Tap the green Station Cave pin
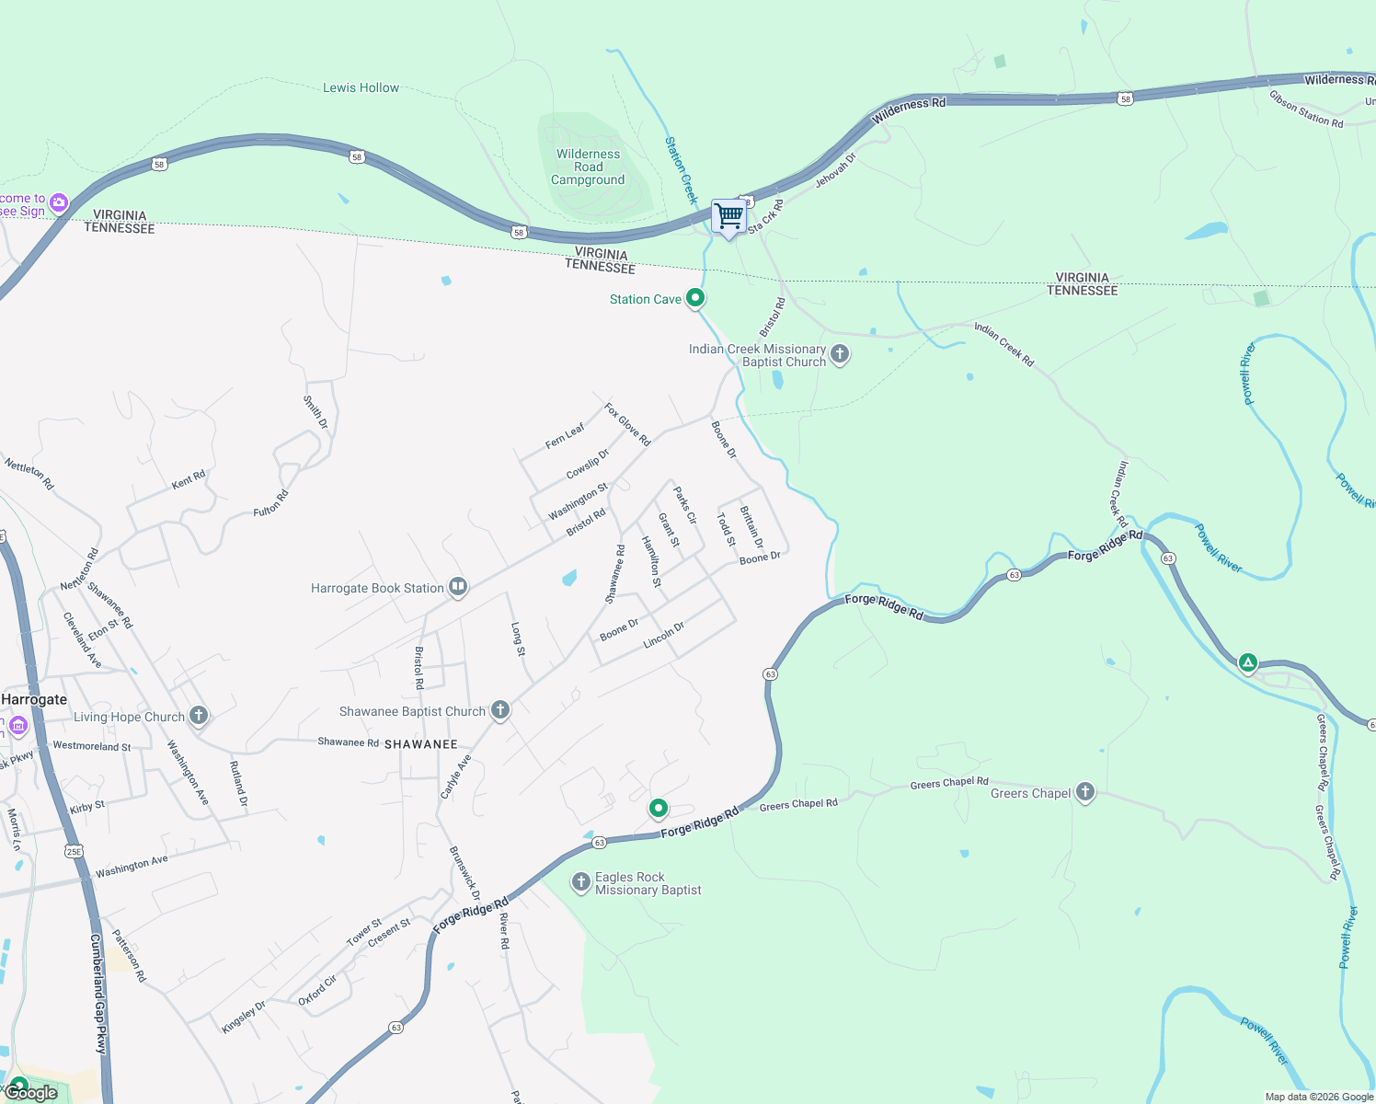[x=696, y=297]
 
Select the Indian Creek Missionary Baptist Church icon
[x=839, y=353]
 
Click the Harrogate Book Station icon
[x=458, y=587]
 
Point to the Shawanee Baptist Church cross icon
[x=499, y=709]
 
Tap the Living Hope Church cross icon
[x=198, y=715]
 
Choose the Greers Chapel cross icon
[x=1085, y=791]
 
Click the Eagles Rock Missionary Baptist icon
[x=580, y=882]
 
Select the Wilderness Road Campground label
[x=588, y=167]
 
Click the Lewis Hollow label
[x=361, y=88]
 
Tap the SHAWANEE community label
[x=421, y=744]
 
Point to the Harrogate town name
[x=34, y=700]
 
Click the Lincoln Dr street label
[x=664, y=635]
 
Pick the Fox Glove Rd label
[x=627, y=424]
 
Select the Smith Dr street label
[x=315, y=412]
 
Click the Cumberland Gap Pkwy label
[x=98, y=994]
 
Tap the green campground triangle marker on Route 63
[x=1247, y=661]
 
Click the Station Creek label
[x=682, y=170]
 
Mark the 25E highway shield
[x=75, y=851]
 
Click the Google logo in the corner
[x=31, y=1093]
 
